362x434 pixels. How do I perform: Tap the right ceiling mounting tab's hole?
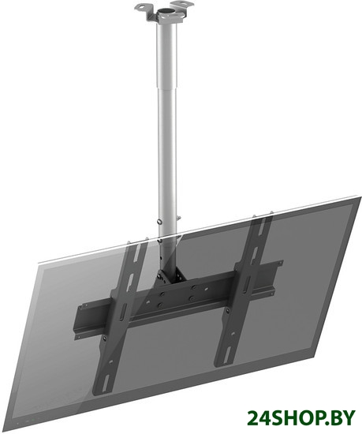point(183,4)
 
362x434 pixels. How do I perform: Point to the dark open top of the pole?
point(166,12)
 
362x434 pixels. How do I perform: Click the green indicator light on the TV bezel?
point(32,422)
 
